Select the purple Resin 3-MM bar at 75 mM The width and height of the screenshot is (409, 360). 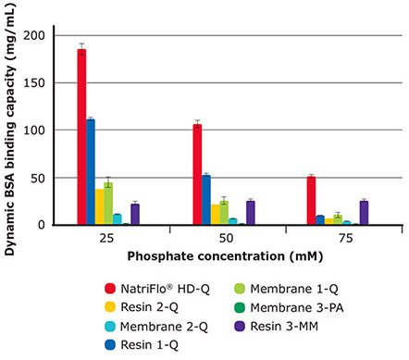click(364, 212)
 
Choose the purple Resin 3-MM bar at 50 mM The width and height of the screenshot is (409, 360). click(250, 212)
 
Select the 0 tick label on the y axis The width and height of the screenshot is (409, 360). click(42, 224)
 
